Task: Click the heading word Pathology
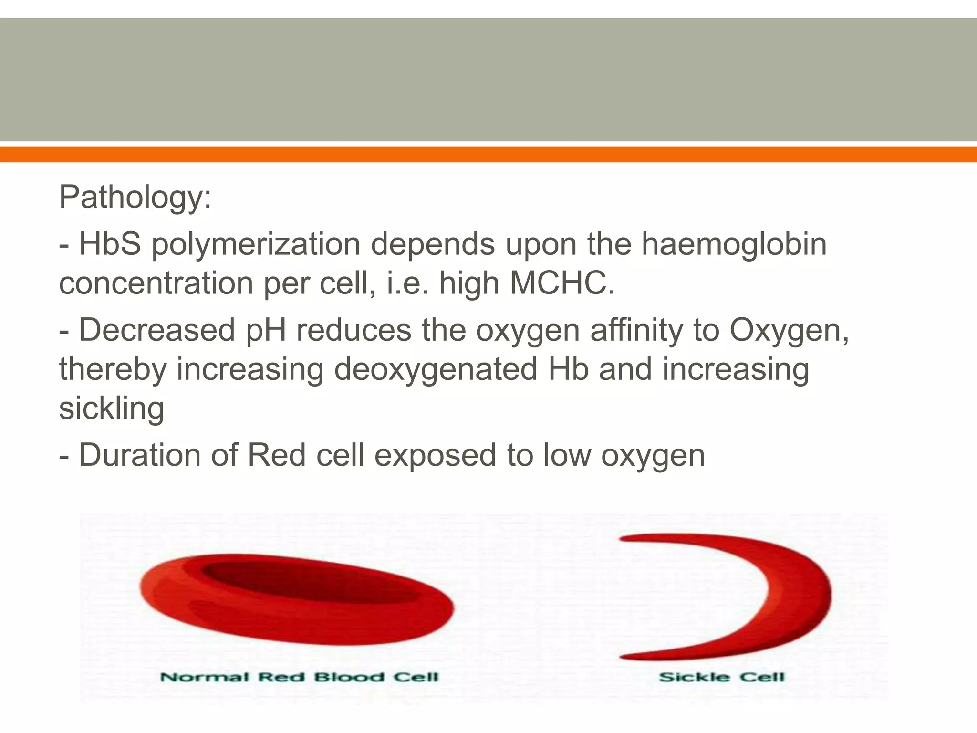(x=134, y=197)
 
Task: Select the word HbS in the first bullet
(x=110, y=244)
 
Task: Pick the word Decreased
(x=157, y=330)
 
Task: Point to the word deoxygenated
(x=436, y=370)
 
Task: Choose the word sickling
(x=112, y=409)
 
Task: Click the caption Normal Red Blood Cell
(x=299, y=677)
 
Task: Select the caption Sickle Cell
(x=721, y=677)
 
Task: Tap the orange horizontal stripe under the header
(x=488, y=154)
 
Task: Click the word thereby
(x=113, y=370)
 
